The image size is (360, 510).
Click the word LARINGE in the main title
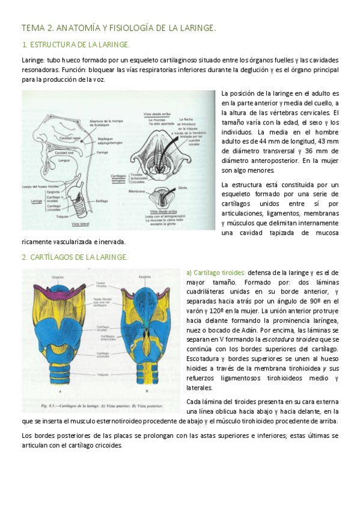(x=194, y=28)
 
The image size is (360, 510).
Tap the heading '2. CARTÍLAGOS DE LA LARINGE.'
(x=75, y=257)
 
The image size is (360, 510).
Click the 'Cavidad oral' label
(x=64, y=153)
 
